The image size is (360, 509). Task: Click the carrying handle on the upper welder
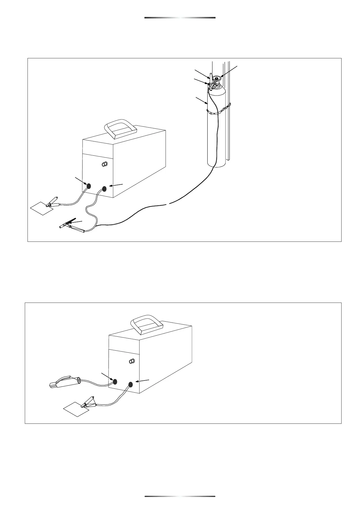coord(120,129)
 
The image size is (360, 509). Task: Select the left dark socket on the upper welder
coord(89,186)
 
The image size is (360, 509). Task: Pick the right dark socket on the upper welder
coord(105,189)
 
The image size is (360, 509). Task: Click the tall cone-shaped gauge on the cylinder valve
coord(211,78)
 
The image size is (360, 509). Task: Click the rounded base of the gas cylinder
coord(216,164)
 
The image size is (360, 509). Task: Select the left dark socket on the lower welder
coord(115,381)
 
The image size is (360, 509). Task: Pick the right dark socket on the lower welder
coord(131,384)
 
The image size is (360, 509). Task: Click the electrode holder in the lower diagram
coord(64,382)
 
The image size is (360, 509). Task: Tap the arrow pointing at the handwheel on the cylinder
coord(229,71)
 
